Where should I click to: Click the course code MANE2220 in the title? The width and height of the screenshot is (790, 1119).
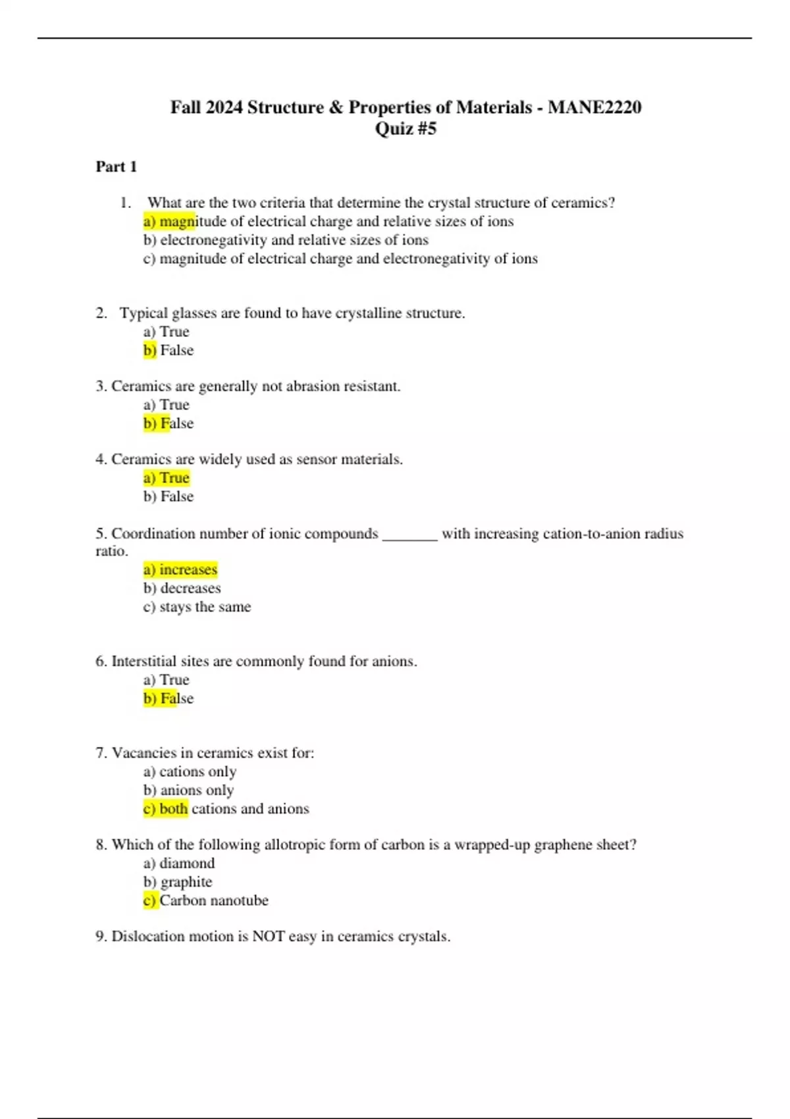594,107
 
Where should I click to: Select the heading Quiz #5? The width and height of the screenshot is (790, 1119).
406,128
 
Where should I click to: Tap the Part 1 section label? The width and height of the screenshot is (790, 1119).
117,167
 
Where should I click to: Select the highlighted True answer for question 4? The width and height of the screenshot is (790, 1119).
167,478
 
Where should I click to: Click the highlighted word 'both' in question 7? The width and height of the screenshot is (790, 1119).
174,809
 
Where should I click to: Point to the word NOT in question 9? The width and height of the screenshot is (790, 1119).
269,937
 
